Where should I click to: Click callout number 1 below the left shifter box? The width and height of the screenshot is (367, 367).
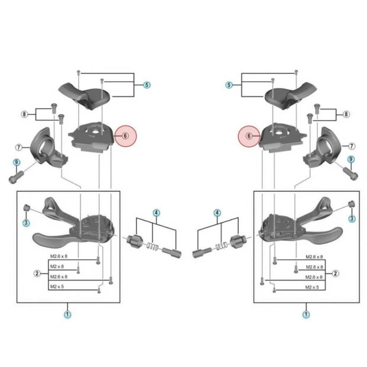pyautogui.click(x=67, y=314)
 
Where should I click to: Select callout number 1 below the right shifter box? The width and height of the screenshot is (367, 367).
pyautogui.click(x=306, y=314)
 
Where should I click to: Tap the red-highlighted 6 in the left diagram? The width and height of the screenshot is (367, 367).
pyautogui.click(x=125, y=136)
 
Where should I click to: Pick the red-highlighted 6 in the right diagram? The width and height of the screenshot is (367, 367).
pyautogui.click(x=249, y=136)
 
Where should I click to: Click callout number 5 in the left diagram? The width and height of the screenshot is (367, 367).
pyautogui.click(x=147, y=85)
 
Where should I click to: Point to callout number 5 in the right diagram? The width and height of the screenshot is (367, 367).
pyautogui.click(x=228, y=85)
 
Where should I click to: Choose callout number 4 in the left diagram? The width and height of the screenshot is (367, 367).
pyautogui.click(x=156, y=212)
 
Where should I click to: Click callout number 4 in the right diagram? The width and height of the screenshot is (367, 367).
pyautogui.click(x=217, y=212)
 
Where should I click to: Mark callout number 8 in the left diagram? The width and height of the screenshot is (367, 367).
pyautogui.click(x=24, y=114)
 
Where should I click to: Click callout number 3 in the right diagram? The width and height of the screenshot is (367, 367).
pyautogui.click(x=352, y=218)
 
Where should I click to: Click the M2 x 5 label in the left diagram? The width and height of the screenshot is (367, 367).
pyautogui.click(x=58, y=286)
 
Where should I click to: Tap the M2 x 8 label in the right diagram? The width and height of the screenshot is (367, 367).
pyautogui.click(x=313, y=267)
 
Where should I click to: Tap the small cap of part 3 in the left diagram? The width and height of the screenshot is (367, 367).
pyautogui.click(x=27, y=208)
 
